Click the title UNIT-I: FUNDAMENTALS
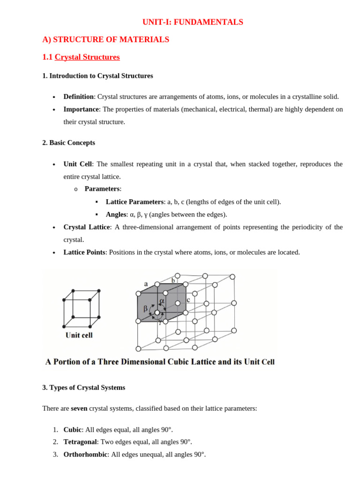click(193, 22)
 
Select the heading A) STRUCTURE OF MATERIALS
click(105, 40)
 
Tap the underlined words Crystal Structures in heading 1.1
click(87, 57)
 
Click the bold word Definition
click(78, 97)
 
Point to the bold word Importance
click(81, 109)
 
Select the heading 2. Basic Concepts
click(68, 142)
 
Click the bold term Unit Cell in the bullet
click(78, 164)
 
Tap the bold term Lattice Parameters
click(135, 202)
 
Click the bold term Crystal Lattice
click(87, 227)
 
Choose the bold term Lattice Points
click(84, 252)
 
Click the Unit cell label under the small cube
click(79, 335)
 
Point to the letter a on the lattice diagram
click(146, 284)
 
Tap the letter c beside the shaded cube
click(188, 300)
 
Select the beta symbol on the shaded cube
click(145, 308)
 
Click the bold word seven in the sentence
click(79, 408)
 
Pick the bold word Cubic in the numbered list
click(72, 430)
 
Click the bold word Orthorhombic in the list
click(85, 455)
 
